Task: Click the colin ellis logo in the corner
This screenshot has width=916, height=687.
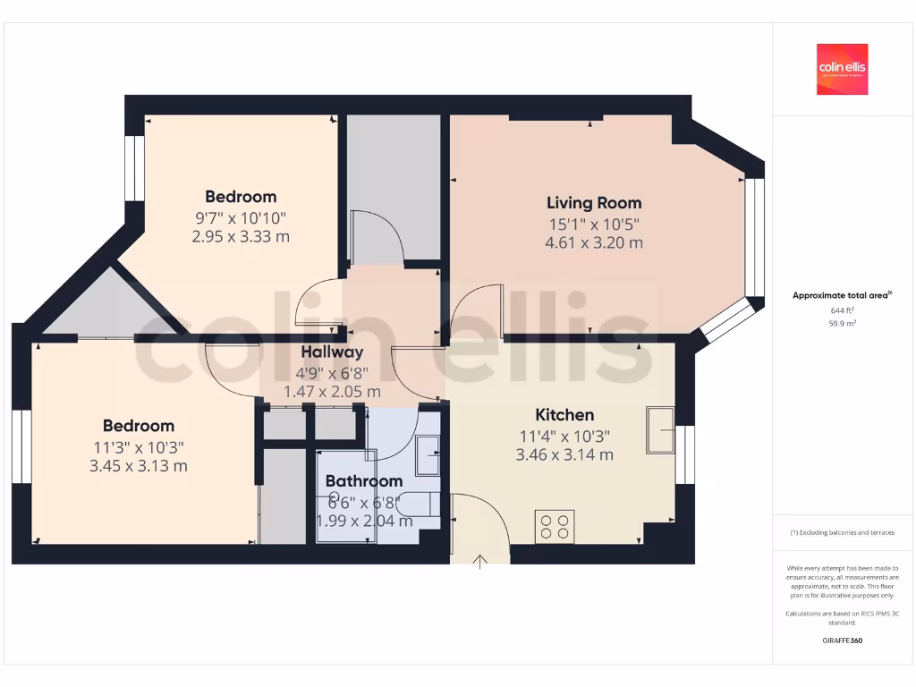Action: point(842,69)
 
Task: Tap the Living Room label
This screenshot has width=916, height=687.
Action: point(594,203)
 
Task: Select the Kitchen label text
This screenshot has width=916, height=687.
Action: point(564,415)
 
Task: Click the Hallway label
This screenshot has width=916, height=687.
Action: point(332,352)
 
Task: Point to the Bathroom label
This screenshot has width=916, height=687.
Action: point(364,481)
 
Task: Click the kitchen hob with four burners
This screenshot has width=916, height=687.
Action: point(555,525)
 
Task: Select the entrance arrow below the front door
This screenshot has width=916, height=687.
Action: point(480,561)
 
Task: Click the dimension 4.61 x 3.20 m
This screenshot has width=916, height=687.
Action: point(594,242)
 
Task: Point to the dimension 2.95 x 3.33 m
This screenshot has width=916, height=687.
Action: point(241,237)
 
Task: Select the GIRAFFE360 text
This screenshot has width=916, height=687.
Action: point(842,640)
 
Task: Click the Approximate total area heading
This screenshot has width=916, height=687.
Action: point(842,295)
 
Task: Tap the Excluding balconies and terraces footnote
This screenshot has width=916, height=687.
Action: point(842,532)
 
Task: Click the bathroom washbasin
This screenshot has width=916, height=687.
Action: point(428,454)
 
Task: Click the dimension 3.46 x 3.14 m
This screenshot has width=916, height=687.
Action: point(564,454)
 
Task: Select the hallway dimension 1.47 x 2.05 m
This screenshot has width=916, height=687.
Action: point(332,392)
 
